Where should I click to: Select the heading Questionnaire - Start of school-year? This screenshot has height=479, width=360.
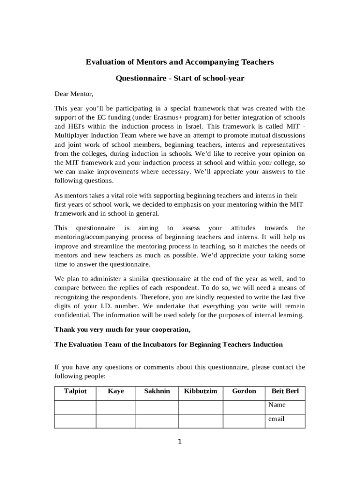180,79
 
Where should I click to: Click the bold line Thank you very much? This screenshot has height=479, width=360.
122,330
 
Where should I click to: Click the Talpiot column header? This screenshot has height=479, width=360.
75,391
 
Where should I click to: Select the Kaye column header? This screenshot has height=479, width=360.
115,391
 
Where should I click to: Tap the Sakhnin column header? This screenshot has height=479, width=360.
157,391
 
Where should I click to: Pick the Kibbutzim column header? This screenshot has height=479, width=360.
200,391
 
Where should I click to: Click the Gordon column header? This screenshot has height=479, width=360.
244,391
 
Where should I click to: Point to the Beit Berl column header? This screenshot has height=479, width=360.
285,391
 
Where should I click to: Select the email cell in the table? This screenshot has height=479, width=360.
276,419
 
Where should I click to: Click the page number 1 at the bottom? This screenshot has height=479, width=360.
180,442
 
